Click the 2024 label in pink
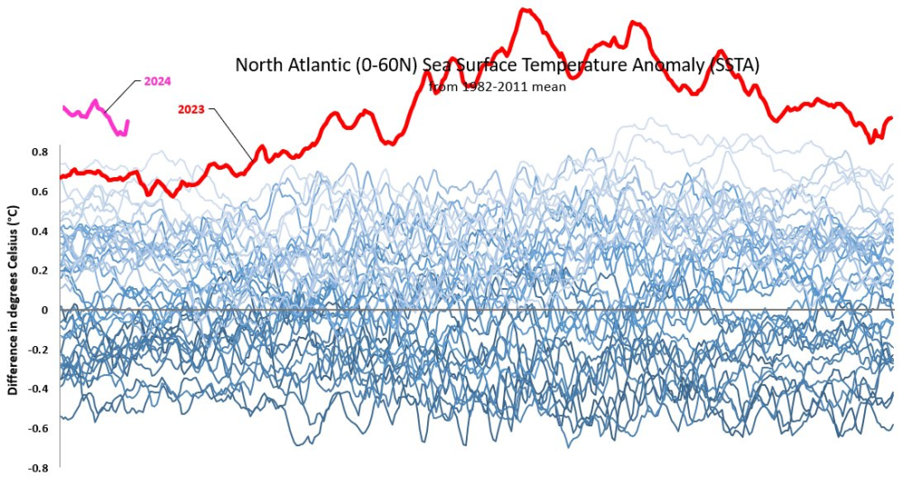[157, 81]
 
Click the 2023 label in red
[191, 109]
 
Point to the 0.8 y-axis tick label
[40, 152]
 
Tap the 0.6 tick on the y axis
[40, 192]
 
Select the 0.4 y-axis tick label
[40, 231]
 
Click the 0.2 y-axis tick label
[40, 270]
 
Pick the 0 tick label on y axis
[44, 310]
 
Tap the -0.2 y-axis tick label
[38, 350]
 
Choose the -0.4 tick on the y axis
[38, 388]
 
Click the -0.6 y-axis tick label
[38, 428]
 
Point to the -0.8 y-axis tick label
[38, 468]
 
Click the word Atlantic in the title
[329, 66]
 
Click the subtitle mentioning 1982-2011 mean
[497, 87]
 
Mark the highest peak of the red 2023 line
[525, 10]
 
